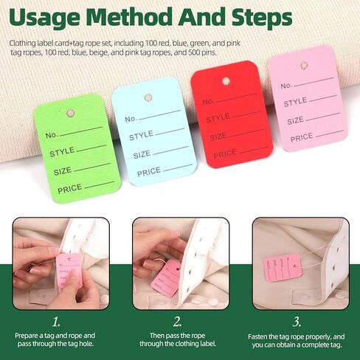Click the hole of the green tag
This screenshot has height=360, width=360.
point(72,113)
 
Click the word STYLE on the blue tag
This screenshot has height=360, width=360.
point(141,136)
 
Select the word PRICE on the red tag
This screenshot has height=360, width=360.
point(225,153)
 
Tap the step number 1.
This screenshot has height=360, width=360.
point(55,322)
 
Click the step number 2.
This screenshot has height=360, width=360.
point(177,322)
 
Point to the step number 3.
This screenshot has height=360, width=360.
point(297,322)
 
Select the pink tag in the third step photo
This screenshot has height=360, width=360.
point(285,265)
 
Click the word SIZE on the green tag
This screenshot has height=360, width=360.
point(62,170)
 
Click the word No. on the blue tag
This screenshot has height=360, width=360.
point(131,119)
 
